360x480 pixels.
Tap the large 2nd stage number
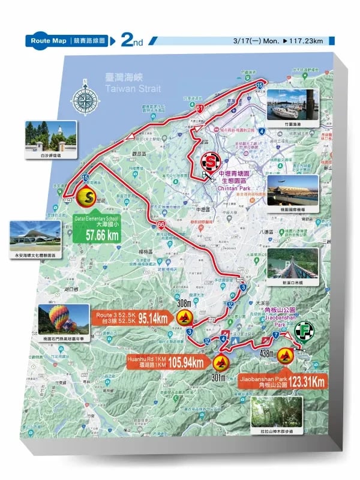[x=131, y=40]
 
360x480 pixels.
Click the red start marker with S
[x=211, y=161]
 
